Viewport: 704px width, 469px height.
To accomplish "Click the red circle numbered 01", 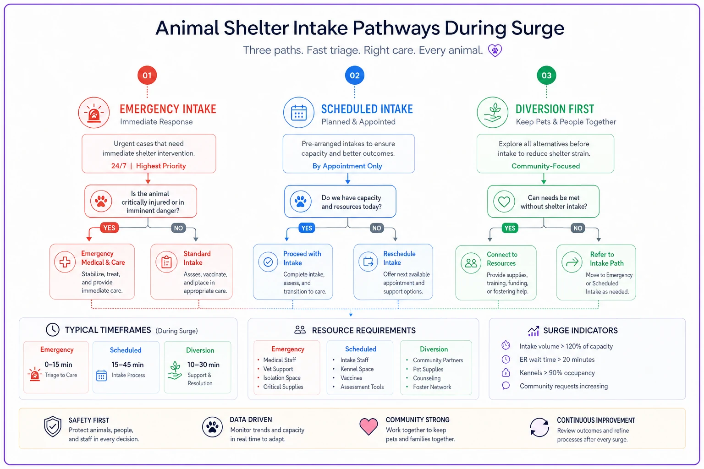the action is (147, 76).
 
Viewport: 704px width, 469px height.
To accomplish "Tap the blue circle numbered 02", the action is (354, 76).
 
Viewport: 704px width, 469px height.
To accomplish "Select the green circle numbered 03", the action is (546, 76).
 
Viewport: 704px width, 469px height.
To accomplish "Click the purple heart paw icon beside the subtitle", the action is (495, 50).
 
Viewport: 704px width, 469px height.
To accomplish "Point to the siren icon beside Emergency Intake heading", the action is (94, 113).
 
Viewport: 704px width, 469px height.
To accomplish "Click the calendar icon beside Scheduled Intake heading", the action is (298, 113).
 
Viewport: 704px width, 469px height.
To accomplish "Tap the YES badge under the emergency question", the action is (110, 228).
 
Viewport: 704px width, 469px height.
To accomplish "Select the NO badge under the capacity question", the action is (376, 228).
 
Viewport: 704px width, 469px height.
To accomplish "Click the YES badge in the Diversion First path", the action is (510, 228).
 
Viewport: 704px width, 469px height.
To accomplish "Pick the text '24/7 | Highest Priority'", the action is (148, 166).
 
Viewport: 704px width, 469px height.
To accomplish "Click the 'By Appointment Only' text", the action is (347, 166).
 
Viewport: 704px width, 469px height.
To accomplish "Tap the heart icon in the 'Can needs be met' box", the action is (504, 202).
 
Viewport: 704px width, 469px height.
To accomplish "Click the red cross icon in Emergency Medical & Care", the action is (65, 262).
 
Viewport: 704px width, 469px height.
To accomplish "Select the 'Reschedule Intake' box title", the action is (399, 258).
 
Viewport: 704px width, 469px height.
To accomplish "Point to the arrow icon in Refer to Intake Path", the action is (572, 262).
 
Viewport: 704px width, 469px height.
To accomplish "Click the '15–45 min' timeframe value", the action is (127, 365).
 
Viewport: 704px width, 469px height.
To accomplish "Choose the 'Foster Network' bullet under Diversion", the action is (432, 387).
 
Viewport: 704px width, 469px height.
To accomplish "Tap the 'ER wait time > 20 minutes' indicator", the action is (557, 360).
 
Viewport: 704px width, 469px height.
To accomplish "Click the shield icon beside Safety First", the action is (53, 426).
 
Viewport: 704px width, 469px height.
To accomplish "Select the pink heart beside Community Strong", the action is (368, 426).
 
